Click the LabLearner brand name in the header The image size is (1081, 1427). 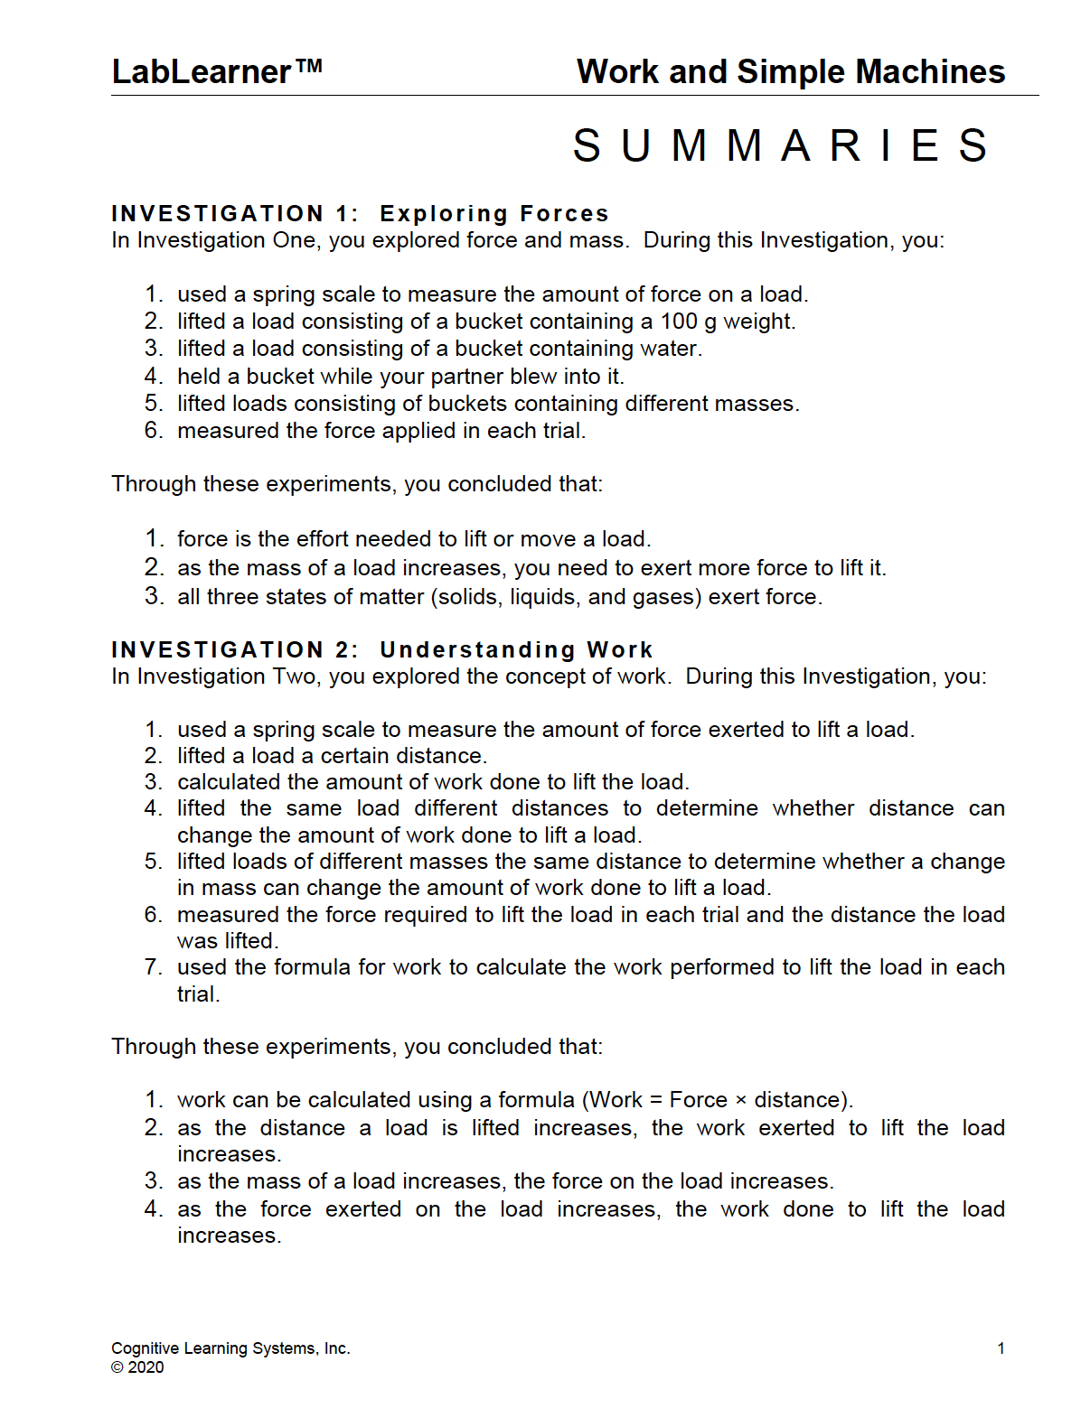201,72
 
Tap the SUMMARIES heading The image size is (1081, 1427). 782,146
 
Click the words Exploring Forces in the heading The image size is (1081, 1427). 493,214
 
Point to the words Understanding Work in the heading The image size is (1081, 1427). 515,650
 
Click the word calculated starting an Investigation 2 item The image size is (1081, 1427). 229,782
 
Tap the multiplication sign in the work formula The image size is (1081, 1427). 740,1100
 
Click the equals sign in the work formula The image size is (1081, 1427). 655,1100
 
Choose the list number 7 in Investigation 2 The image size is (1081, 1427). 152,967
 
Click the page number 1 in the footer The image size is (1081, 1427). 1001,1348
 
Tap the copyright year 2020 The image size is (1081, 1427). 146,1367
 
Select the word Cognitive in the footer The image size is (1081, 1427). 145,1348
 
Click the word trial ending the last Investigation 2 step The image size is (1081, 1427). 197,994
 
